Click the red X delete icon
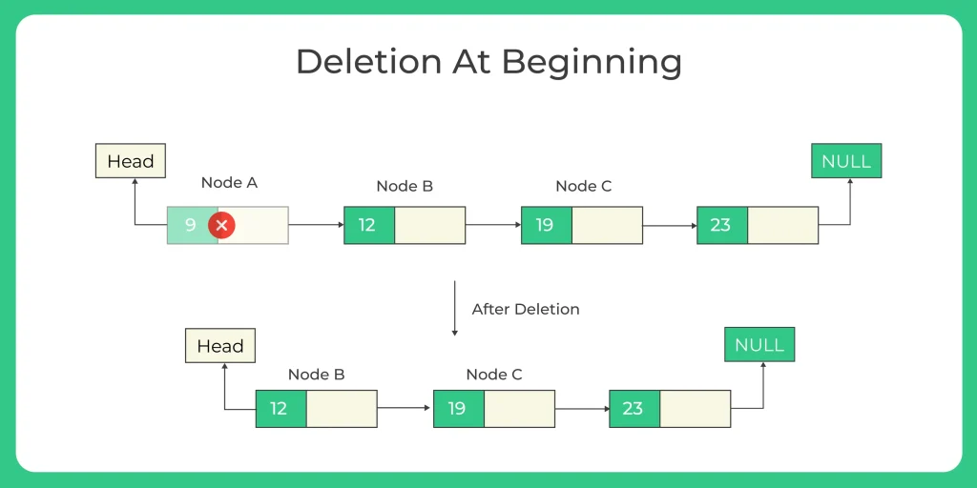pos(221,225)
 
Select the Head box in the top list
pos(131,161)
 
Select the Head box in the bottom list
pos(220,346)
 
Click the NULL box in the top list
pos(846,161)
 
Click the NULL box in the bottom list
pos(759,345)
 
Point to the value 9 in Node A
pos(191,225)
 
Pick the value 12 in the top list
pos(367,225)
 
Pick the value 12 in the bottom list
pos(279,408)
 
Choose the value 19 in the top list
pos(545,225)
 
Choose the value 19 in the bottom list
pos(457,408)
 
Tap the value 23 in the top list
pos(720,225)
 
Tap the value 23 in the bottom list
pos(633,408)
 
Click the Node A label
pos(229,183)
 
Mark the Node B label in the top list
pos(405,186)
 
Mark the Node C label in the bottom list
pos(494,375)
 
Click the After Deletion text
pos(526,310)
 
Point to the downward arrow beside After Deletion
pos(455,308)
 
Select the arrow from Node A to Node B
pos(316,225)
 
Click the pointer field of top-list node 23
pos(782,225)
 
